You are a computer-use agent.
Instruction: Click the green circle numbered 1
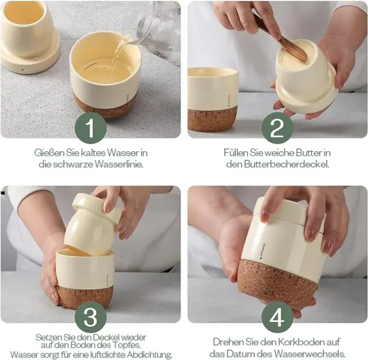point(91,128)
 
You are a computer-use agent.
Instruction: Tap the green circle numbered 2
point(277,128)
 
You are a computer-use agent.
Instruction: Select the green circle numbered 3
point(91,317)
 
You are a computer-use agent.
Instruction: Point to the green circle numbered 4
point(277,317)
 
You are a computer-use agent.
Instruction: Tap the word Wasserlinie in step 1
point(119,164)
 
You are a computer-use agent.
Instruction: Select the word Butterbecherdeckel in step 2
point(286,164)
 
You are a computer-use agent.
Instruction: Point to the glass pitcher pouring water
point(152,30)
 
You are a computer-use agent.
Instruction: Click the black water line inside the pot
point(90,66)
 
